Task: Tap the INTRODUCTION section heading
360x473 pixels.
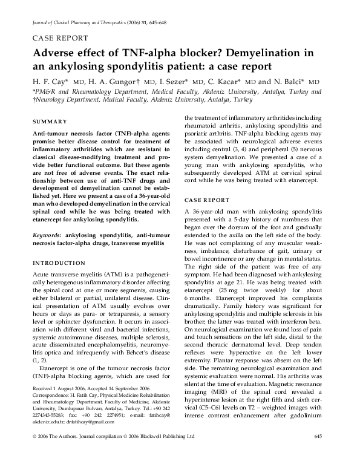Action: click(x=59, y=264)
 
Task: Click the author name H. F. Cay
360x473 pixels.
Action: click(x=47, y=81)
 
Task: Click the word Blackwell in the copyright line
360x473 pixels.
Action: click(x=141, y=453)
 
